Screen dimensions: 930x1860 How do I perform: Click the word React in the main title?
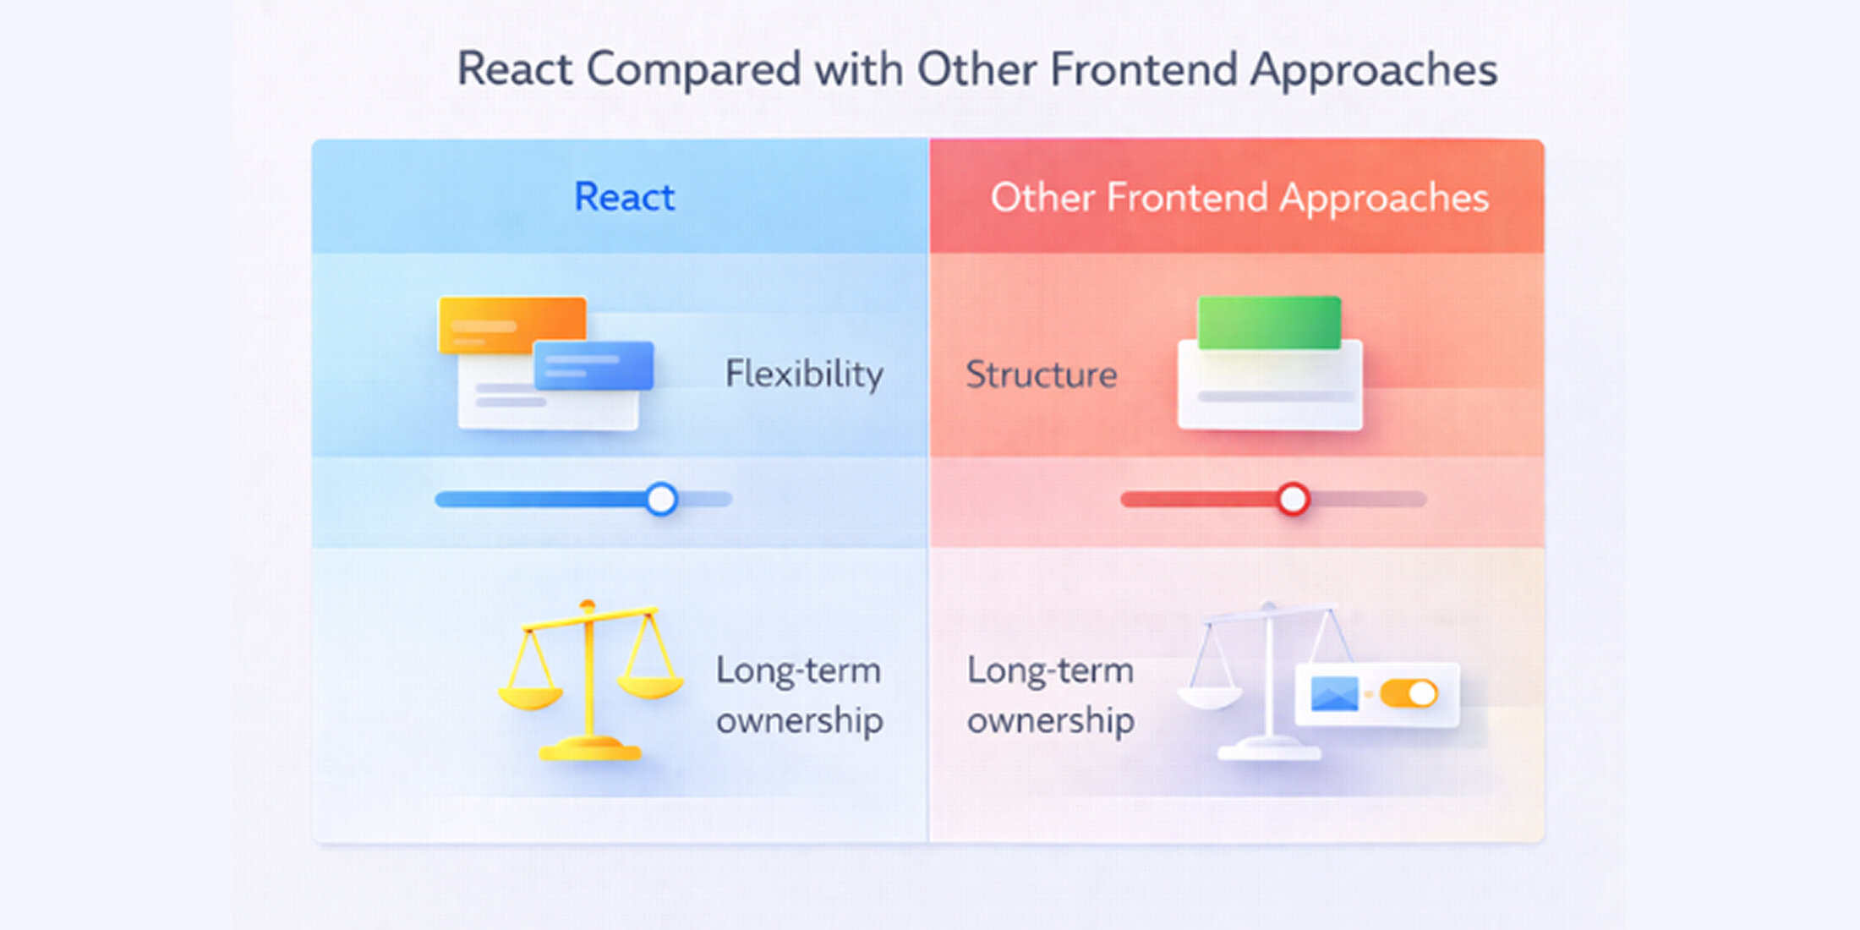click(514, 69)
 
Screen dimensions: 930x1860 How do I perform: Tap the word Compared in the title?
click(693, 69)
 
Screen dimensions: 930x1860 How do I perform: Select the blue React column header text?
click(624, 197)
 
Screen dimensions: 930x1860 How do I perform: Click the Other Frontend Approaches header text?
click(1239, 198)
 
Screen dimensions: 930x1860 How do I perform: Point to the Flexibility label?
click(804, 374)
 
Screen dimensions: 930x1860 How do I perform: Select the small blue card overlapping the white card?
click(594, 365)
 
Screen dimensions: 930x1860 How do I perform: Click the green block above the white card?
click(1268, 321)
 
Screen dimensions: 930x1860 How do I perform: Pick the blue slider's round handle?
click(661, 499)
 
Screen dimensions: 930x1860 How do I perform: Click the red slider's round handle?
click(1293, 499)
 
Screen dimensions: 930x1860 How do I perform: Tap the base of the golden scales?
click(589, 749)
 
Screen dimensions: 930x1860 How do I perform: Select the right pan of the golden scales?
click(649, 686)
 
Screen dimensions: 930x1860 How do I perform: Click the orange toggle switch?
click(1409, 694)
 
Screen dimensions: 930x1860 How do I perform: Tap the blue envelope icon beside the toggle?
click(1334, 694)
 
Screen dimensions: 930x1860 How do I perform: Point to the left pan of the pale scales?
click(1209, 697)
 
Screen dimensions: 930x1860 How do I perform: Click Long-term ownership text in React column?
click(799, 695)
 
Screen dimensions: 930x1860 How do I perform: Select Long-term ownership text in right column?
click(1050, 695)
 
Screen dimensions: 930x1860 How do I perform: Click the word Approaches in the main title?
click(1374, 69)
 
